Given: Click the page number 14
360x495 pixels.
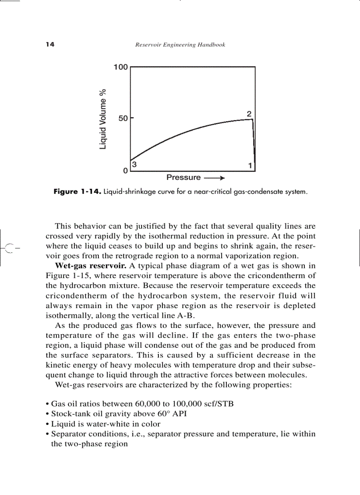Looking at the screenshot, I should click(49, 45).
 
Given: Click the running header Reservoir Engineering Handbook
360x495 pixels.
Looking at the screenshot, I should click(180, 45).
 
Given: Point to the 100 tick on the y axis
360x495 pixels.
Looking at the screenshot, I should click(120, 67).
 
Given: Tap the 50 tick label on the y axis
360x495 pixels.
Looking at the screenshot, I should click(123, 119).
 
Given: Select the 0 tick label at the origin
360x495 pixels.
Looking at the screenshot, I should click(126, 170).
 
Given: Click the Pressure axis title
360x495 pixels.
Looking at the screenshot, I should click(183, 178).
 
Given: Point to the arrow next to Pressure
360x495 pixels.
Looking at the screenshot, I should click(215, 178).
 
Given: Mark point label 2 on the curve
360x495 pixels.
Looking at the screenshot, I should click(249, 114).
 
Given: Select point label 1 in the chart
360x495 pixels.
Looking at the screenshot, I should click(250, 166).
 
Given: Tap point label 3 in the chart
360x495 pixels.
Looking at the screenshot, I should click(134, 164).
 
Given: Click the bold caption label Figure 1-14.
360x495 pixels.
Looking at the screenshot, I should click(77, 192).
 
